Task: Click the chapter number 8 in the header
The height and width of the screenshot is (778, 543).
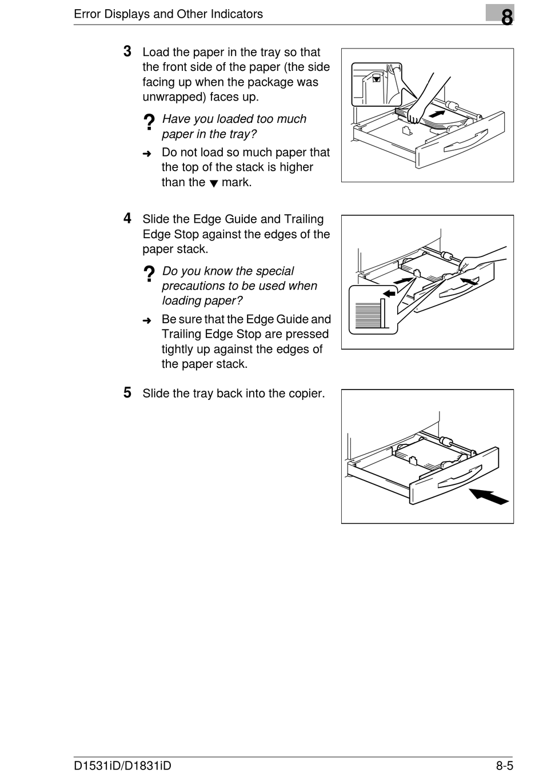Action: tap(506, 17)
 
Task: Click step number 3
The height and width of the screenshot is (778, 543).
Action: tap(127, 51)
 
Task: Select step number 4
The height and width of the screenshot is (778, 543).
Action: tap(127, 218)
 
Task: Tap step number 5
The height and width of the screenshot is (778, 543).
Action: tap(127, 392)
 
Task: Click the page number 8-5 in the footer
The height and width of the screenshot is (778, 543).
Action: tap(504, 765)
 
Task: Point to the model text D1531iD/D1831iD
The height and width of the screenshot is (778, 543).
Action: tap(122, 765)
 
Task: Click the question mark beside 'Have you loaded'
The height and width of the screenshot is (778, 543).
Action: tap(149, 122)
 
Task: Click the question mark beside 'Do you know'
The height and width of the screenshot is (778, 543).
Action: tap(149, 274)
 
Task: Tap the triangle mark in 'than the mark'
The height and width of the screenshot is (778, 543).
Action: tap(214, 184)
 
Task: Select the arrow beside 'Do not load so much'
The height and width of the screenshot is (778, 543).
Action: tap(147, 154)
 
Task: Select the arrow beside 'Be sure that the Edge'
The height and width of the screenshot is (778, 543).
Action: tap(147, 320)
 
